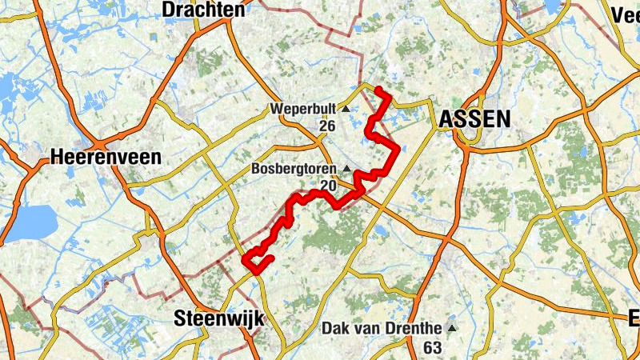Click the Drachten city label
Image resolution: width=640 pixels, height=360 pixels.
(x=203, y=10)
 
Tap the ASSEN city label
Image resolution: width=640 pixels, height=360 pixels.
(x=474, y=119)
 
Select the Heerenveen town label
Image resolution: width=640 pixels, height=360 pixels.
(x=105, y=157)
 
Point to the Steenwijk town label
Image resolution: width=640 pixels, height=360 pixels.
(x=218, y=318)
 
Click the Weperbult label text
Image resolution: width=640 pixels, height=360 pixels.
(x=304, y=108)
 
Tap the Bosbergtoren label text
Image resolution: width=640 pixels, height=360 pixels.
(x=295, y=169)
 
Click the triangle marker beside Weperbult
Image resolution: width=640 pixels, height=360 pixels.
(x=346, y=108)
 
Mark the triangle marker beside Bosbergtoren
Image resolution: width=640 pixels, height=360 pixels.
(x=346, y=169)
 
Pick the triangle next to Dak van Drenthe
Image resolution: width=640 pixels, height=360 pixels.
(x=452, y=328)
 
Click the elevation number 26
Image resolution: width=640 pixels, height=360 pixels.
(x=326, y=126)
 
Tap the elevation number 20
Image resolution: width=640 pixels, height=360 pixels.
(x=328, y=186)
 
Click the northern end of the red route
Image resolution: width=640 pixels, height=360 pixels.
(x=378, y=88)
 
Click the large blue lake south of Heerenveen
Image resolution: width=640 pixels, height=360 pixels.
(x=30, y=218)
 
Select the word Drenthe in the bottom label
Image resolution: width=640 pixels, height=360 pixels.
(x=411, y=328)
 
